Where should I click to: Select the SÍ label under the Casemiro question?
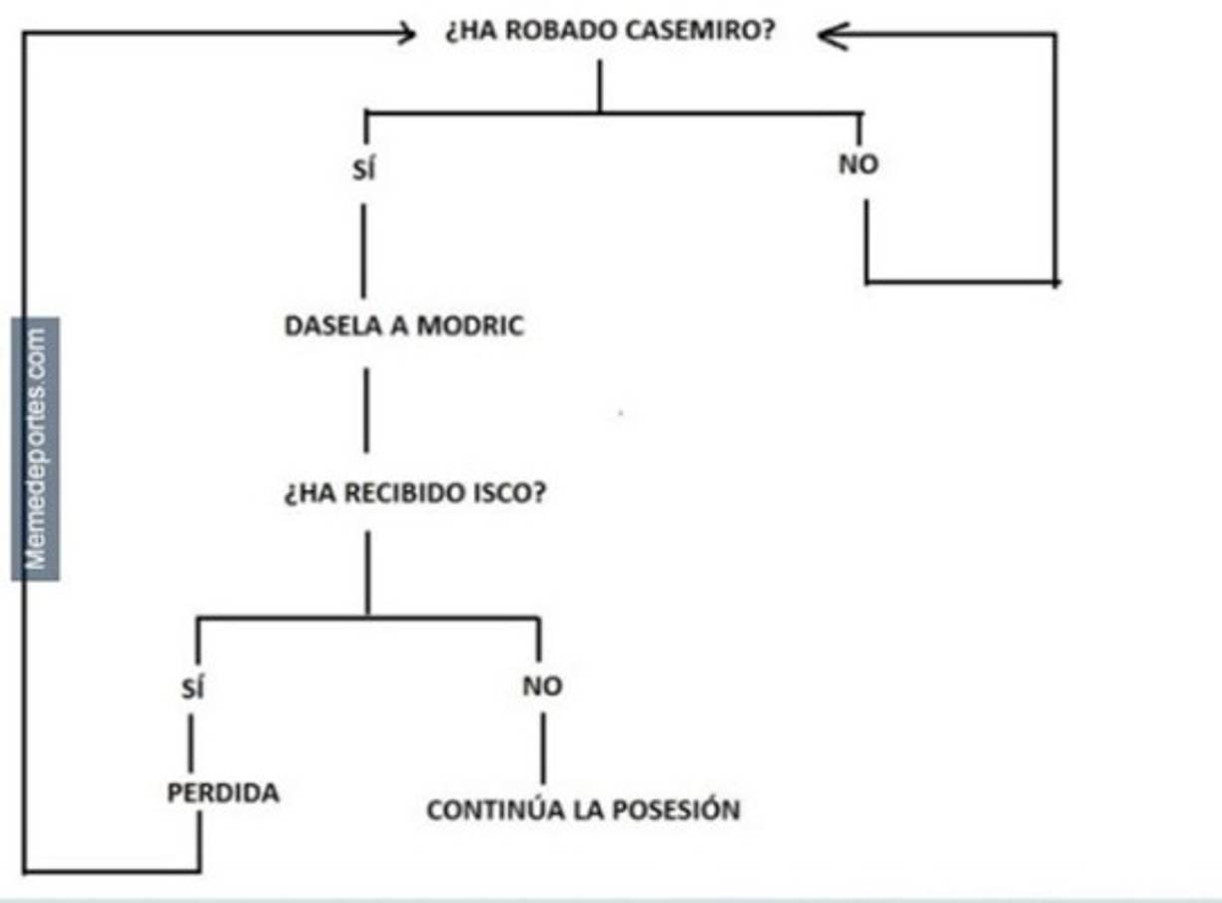[x=363, y=171]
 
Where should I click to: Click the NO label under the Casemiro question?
[x=859, y=165]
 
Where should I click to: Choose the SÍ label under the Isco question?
[x=195, y=687]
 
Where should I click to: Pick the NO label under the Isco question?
[x=542, y=686]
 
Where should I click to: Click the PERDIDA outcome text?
[x=223, y=793]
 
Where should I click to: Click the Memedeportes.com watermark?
[x=36, y=449]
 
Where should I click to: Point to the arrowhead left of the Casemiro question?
[x=405, y=34]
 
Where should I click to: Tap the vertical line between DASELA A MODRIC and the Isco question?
[x=365, y=409]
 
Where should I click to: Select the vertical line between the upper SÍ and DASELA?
[x=362, y=249]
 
